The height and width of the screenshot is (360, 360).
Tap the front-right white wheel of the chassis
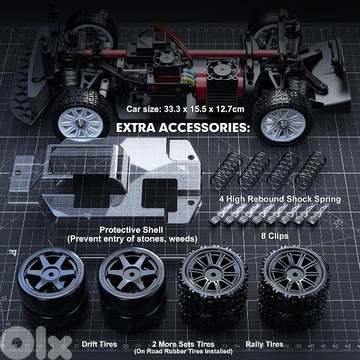(281, 115)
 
